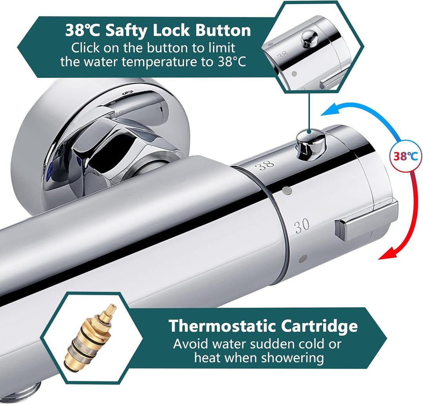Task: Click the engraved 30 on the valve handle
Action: pyautogui.click(x=302, y=227)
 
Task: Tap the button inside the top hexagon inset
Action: pyautogui.click(x=310, y=38)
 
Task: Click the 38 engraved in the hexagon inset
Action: pyautogui.click(x=283, y=55)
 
